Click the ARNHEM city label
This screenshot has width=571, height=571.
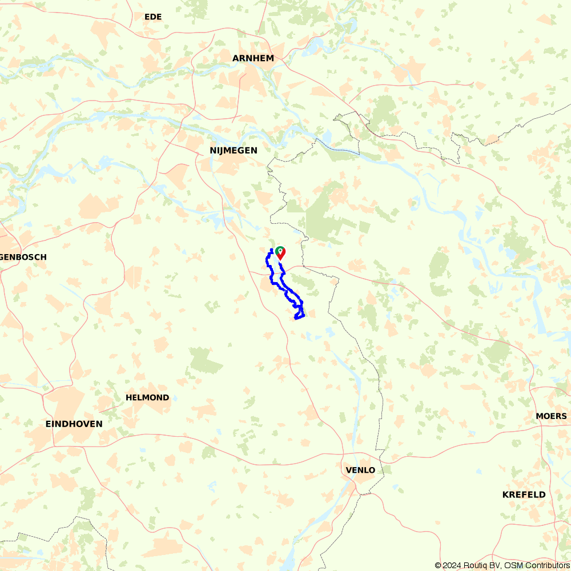click(x=253, y=58)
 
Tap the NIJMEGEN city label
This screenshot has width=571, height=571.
click(x=234, y=151)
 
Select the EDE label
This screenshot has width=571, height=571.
click(x=153, y=17)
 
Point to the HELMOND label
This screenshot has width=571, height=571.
click(x=147, y=397)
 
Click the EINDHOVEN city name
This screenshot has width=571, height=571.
click(x=74, y=424)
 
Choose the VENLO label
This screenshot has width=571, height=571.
click(x=360, y=471)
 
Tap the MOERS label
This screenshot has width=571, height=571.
click(x=551, y=416)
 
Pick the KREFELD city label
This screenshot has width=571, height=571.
click(x=524, y=495)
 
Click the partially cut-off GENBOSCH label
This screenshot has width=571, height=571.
click(x=23, y=258)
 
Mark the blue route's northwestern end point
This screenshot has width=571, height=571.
click(x=271, y=250)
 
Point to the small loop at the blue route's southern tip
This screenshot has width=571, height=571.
click(x=299, y=315)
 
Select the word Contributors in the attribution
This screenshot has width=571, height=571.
click(x=545, y=565)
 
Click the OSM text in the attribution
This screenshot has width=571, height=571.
click(x=510, y=565)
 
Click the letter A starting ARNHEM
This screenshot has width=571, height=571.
click(x=235, y=58)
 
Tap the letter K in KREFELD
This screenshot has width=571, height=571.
click(x=505, y=495)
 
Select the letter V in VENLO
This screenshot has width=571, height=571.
click(x=349, y=471)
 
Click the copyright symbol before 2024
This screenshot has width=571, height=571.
click(x=438, y=565)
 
